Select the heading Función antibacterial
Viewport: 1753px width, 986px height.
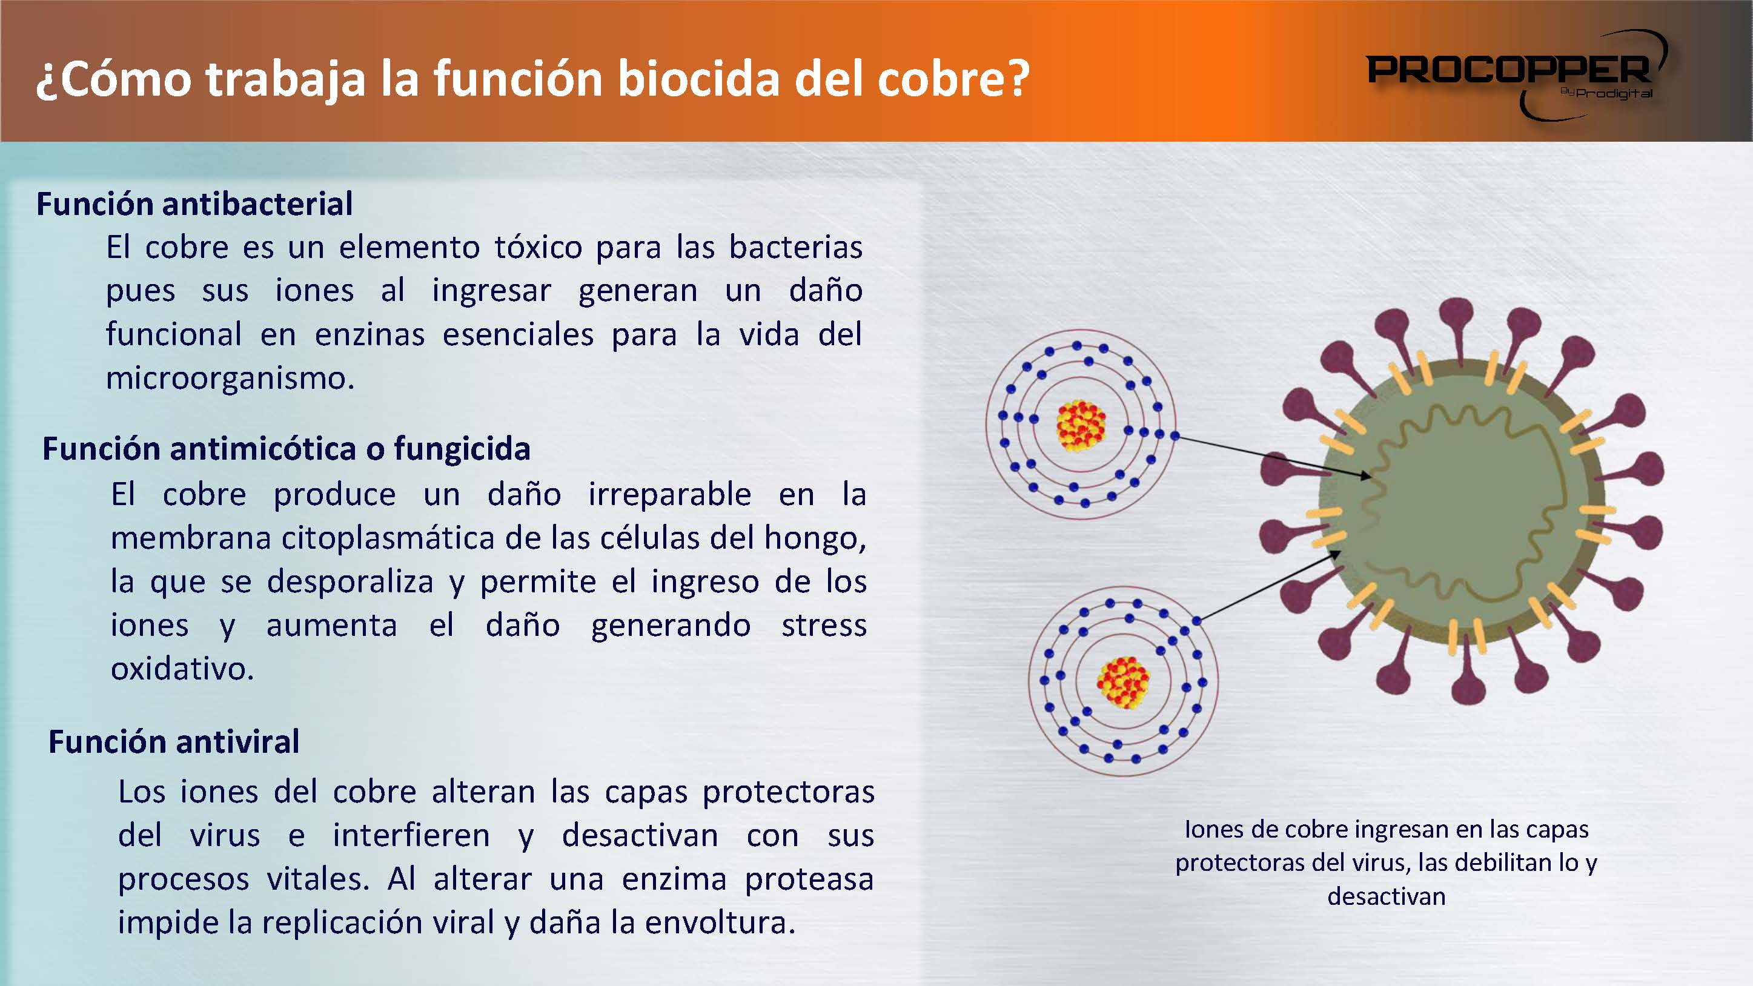point(194,204)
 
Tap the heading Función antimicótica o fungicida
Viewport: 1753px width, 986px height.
point(287,449)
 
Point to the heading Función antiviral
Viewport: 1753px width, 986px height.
point(173,742)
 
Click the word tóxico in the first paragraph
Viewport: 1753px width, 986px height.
point(538,247)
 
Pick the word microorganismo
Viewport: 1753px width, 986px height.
point(230,379)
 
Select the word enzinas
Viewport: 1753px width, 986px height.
point(369,335)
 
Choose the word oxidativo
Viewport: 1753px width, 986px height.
point(182,669)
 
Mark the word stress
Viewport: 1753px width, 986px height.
point(824,626)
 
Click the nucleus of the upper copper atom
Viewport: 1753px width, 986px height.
point(1081,426)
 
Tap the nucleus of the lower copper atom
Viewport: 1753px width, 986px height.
point(1123,683)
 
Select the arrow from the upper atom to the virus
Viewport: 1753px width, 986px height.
point(1273,456)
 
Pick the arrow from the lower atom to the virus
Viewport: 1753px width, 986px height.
point(1269,586)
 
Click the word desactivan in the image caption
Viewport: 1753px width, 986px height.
point(1386,896)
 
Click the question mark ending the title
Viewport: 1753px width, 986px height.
point(1018,79)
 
